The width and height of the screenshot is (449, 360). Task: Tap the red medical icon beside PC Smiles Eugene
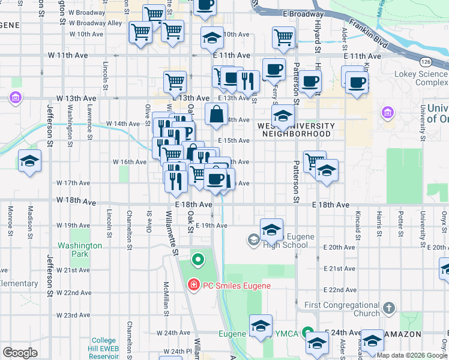193,286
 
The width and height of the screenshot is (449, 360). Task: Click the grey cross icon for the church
389,308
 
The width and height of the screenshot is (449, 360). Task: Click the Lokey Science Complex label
421,78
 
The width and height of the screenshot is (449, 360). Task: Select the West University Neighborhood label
295,130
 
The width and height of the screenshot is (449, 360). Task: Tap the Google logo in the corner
20,352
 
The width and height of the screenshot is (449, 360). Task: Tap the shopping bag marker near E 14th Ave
215,112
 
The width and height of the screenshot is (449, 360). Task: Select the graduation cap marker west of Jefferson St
29,161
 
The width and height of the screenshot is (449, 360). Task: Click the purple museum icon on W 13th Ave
15,97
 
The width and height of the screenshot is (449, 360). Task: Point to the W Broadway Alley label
96,23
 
